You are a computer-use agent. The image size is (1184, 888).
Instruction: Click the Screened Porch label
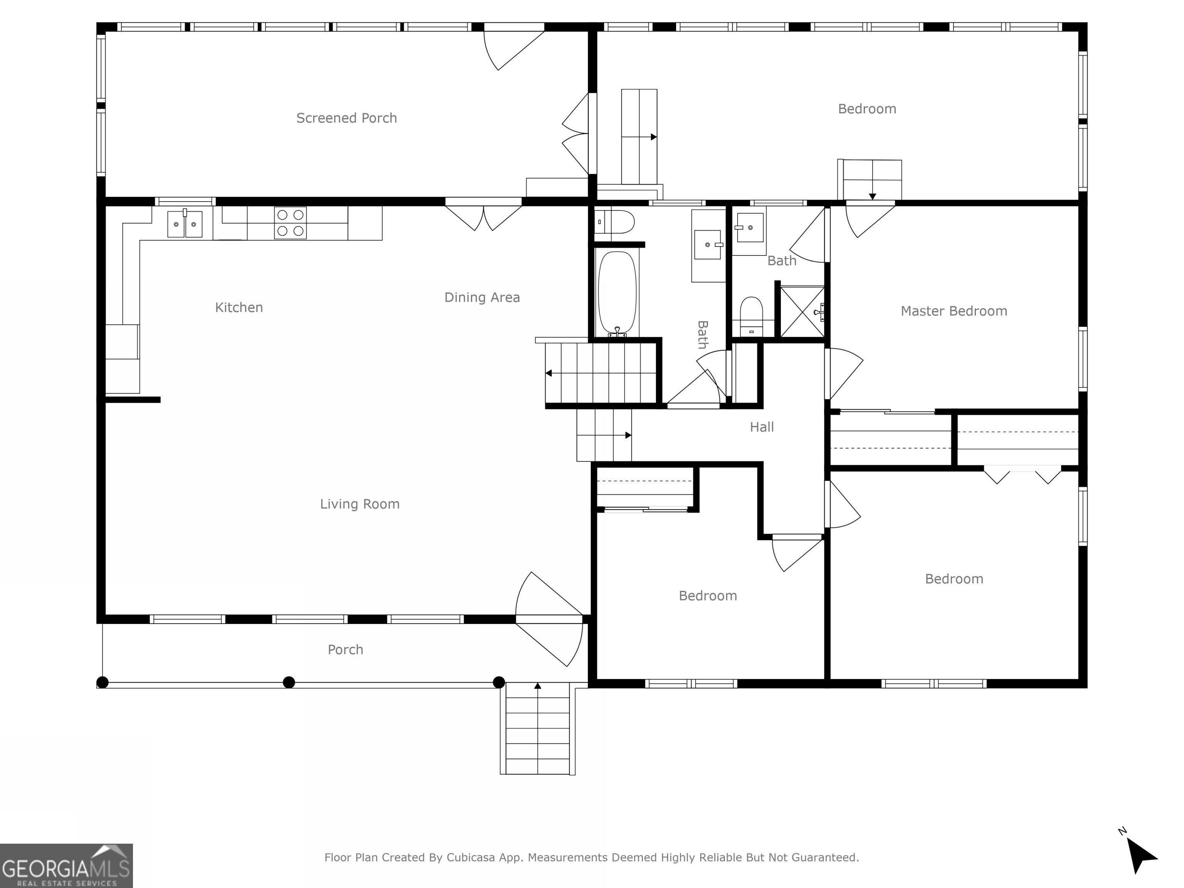[x=346, y=118]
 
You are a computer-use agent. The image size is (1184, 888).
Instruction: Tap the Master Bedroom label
[x=954, y=311]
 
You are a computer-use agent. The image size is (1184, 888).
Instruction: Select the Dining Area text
[x=482, y=298]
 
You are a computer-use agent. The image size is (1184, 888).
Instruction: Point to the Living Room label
[x=360, y=504]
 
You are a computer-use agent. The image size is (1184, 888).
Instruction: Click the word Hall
[x=762, y=427]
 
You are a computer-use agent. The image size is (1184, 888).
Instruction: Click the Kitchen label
[x=239, y=307]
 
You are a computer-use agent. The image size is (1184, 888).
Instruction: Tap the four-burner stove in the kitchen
[x=290, y=223]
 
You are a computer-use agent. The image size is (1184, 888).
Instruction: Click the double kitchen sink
[x=185, y=224]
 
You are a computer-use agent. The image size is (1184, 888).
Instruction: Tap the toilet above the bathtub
[x=616, y=222]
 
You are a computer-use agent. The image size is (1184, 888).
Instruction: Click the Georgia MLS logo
[x=66, y=866]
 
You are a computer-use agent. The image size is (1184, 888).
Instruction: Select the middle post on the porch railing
[x=289, y=683]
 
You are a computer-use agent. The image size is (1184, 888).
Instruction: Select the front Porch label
[x=345, y=650]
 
